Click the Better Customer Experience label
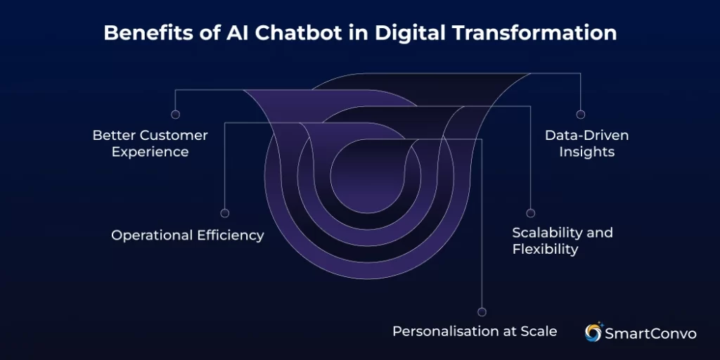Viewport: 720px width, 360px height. [150, 143]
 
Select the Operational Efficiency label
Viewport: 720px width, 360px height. [188, 236]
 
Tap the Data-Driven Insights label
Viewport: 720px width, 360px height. [586, 143]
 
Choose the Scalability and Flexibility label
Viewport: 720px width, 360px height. [562, 240]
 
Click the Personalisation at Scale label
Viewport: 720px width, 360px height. [475, 330]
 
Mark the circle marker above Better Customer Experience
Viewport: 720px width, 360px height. [175, 114]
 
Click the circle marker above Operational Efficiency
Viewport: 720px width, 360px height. [224, 212]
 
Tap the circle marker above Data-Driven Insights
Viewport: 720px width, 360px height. [580, 114]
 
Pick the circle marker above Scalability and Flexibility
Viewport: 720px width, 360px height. [531, 212]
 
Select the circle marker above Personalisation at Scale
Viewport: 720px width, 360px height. [482, 311]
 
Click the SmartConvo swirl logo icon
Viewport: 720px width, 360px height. [594, 332]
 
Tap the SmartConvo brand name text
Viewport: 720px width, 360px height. [650, 333]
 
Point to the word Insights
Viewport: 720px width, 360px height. [586, 152]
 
